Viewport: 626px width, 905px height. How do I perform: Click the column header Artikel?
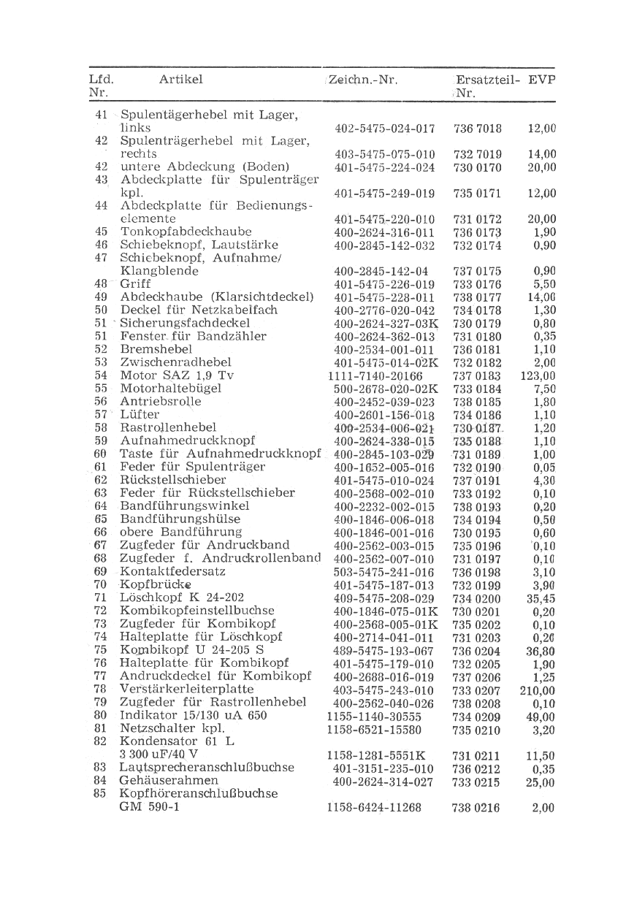180,80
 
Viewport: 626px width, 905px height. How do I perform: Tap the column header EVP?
541,80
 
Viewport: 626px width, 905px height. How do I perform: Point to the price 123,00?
538,376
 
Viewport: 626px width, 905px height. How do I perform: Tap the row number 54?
102,375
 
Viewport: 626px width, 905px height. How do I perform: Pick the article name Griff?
135,284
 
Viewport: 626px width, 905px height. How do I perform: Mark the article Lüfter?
140,415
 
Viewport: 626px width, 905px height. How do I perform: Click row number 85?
101,794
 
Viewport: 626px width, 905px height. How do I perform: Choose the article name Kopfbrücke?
155,585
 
